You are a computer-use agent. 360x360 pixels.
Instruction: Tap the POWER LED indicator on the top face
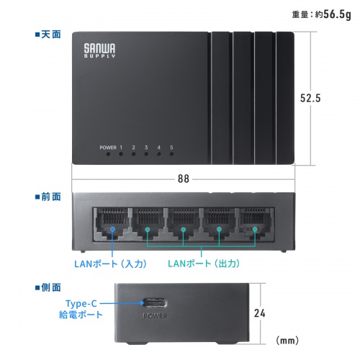click(x=108, y=153)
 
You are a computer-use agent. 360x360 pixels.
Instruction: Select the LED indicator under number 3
click(x=146, y=153)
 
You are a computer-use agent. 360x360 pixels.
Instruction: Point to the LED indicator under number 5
click(x=171, y=153)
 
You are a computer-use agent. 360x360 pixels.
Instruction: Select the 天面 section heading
click(x=48, y=33)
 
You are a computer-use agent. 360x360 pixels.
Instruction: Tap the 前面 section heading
click(x=48, y=196)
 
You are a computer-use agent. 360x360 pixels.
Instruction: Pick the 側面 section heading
click(x=48, y=287)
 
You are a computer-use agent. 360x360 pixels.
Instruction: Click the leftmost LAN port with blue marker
click(x=109, y=223)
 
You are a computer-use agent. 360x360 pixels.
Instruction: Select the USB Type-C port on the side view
click(x=156, y=302)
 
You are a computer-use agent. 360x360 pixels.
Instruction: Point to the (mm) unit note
click(x=288, y=339)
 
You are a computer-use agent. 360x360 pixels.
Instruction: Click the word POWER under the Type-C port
click(x=156, y=315)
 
